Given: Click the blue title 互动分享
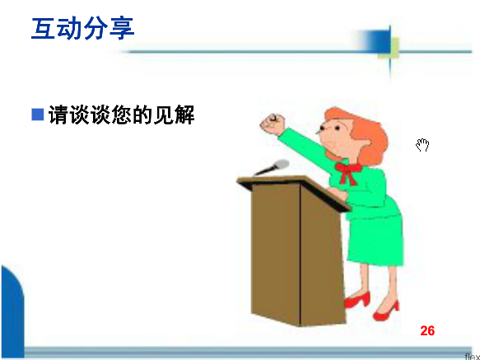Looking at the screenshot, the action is [x=82, y=29].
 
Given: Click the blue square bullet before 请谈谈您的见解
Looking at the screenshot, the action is [x=38, y=115].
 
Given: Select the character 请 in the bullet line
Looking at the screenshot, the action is [x=59, y=115].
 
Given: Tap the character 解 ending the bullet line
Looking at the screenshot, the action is [x=184, y=115].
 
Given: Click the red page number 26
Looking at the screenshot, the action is [x=427, y=331].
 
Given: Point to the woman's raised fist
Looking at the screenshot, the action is [x=273, y=124].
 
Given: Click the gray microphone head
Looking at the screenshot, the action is [x=282, y=165].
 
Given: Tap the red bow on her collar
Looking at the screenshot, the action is [x=348, y=172].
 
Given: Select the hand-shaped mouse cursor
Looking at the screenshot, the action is [x=422, y=145].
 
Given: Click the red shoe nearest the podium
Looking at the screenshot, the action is [x=357, y=300].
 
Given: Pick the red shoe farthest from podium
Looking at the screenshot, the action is [x=386, y=311].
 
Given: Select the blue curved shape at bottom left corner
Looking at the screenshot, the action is [x=12, y=311].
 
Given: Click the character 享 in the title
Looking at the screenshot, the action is [x=122, y=29].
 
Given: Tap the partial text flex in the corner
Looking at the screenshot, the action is [x=473, y=357].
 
